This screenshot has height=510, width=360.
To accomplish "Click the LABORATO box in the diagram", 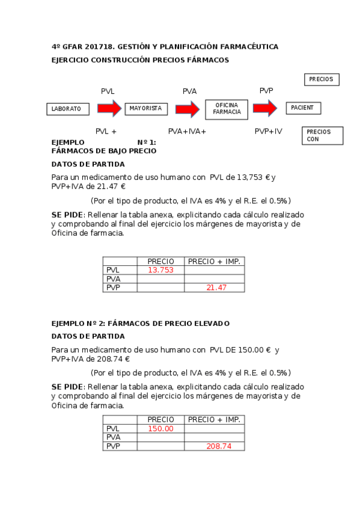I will click(x=67, y=109).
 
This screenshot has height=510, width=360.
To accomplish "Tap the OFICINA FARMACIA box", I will click(x=227, y=108).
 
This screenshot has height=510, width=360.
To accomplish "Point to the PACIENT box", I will click(x=303, y=108).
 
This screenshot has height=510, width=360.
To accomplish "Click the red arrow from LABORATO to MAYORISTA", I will click(x=109, y=108).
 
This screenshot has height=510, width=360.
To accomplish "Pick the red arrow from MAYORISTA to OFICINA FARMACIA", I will click(x=187, y=109).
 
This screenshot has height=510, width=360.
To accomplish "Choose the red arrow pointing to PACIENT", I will click(x=264, y=108).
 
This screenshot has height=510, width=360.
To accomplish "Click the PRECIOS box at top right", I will click(x=322, y=79).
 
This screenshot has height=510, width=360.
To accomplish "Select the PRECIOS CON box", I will click(x=322, y=135).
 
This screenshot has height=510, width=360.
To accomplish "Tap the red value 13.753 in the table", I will click(x=160, y=270).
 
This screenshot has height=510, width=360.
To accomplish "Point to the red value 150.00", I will click(x=160, y=429).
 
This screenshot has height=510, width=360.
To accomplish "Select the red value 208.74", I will click(x=215, y=446).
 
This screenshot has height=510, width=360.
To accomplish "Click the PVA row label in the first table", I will click(x=113, y=279).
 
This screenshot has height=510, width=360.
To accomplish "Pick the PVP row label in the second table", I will click(x=113, y=446).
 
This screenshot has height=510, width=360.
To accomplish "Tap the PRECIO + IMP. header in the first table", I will click(x=214, y=261).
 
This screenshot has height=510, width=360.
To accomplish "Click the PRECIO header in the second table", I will click(x=160, y=420).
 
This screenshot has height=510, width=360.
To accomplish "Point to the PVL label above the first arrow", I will click(x=108, y=91).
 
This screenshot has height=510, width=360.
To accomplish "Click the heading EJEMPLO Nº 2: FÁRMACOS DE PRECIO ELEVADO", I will click(x=141, y=324).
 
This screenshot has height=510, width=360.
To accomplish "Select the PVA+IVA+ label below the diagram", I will click(x=187, y=131).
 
